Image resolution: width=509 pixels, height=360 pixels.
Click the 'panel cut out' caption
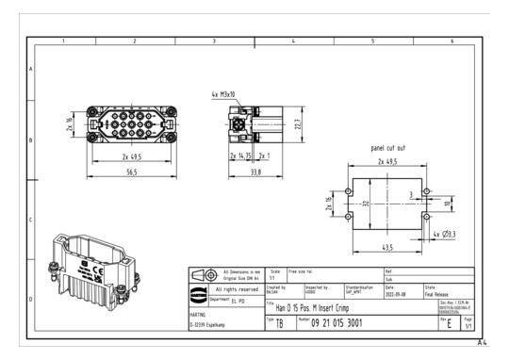click(388, 148)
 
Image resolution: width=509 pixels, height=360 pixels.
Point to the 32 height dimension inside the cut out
click(365, 202)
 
